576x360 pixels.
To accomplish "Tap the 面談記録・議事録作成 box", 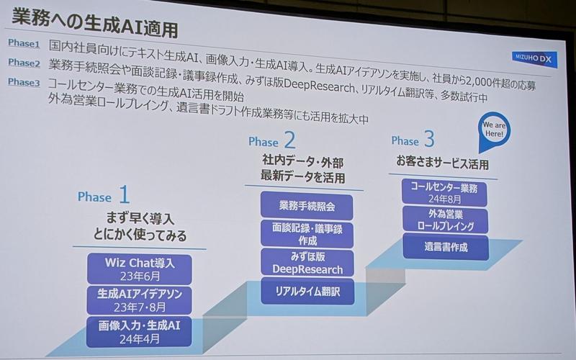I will [307, 233].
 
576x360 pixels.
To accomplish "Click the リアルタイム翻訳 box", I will [307, 291].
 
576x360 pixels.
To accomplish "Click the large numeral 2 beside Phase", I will [289, 139].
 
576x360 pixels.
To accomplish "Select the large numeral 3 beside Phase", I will [429, 139].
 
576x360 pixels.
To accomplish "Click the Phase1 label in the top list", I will [24, 42].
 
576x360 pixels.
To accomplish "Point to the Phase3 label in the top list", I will [24, 82].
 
